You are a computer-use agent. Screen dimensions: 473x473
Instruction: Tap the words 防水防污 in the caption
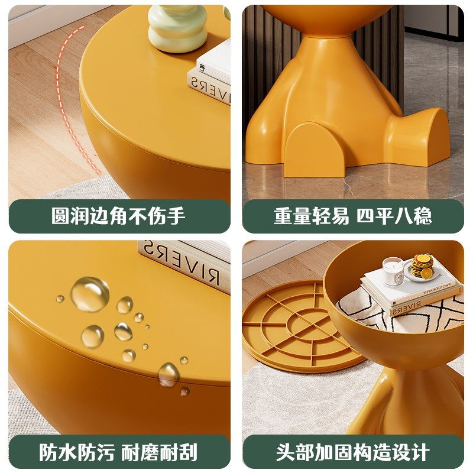point(77,452)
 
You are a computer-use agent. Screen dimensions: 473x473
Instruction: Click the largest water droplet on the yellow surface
point(90,294)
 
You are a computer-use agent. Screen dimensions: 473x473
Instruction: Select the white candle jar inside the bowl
point(393,271)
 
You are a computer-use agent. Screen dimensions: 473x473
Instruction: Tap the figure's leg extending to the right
point(423,133)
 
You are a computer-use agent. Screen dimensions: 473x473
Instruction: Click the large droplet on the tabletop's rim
point(169,374)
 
